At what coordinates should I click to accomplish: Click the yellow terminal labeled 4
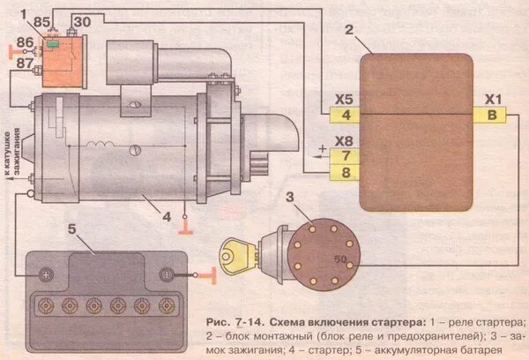pos(346,116)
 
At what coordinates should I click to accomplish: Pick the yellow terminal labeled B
pos(489,116)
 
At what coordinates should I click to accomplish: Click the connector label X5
pos(346,99)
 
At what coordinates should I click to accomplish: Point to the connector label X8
pos(346,139)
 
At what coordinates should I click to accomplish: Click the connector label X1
pos(490,99)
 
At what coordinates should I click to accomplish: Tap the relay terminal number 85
pos(41,20)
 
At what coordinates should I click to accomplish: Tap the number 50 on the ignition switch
pos(340,259)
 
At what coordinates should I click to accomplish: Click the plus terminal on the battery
pos(45,274)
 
